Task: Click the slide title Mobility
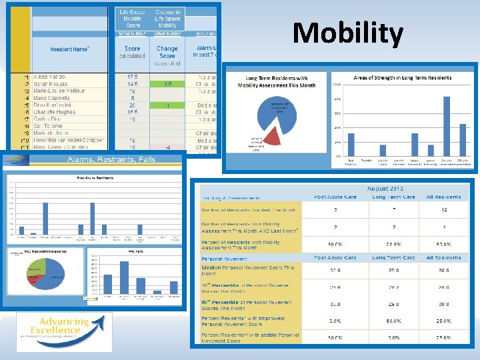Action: [x=347, y=33]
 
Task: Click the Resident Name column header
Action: [x=69, y=49]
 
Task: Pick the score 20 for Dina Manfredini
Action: [x=132, y=105]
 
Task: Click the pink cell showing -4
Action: [x=167, y=147]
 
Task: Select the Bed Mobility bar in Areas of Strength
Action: [x=351, y=145]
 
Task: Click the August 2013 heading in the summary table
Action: [x=385, y=189]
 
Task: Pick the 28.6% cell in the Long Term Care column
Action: [x=393, y=245]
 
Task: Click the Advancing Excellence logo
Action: [x=64, y=331]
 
